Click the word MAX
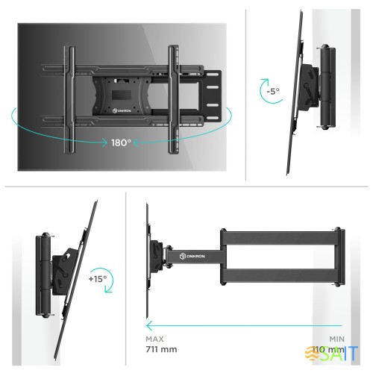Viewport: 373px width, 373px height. click(x=156, y=337)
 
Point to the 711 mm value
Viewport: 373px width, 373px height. click(x=163, y=349)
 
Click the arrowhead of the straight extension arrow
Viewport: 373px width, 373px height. click(x=149, y=325)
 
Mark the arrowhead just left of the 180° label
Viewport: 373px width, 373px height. click(x=103, y=141)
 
